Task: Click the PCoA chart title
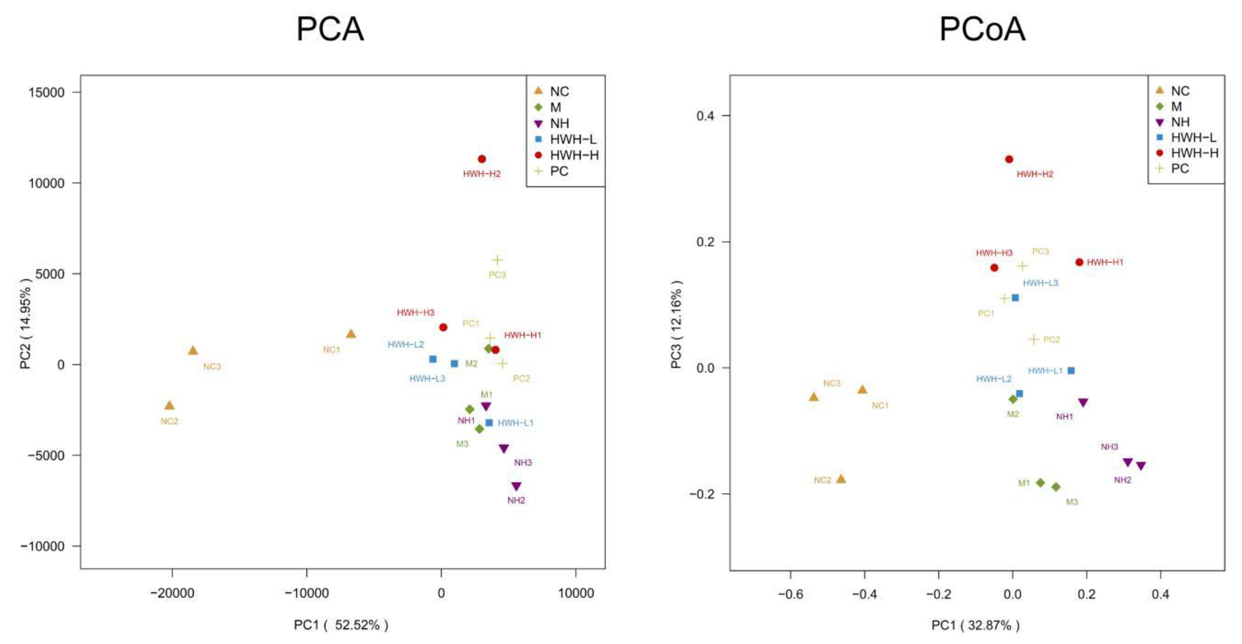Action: coord(982,29)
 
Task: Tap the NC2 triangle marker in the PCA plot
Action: coord(169,406)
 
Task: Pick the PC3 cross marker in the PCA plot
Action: coord(497,260)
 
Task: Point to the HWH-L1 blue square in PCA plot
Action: coord(489,423)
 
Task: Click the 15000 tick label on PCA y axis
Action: coord(46,93)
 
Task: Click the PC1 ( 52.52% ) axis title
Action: coord(341,625)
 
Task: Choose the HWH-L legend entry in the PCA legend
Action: coord(573,139)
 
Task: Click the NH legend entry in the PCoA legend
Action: coord(1180,122)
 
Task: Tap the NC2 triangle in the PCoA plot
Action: coord(841,479)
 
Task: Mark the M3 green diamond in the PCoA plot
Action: coord(1056,487)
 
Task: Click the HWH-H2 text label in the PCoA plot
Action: coord(1035,174)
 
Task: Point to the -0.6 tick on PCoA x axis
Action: coord(791,594)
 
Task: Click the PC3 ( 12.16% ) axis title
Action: coord(676,324)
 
